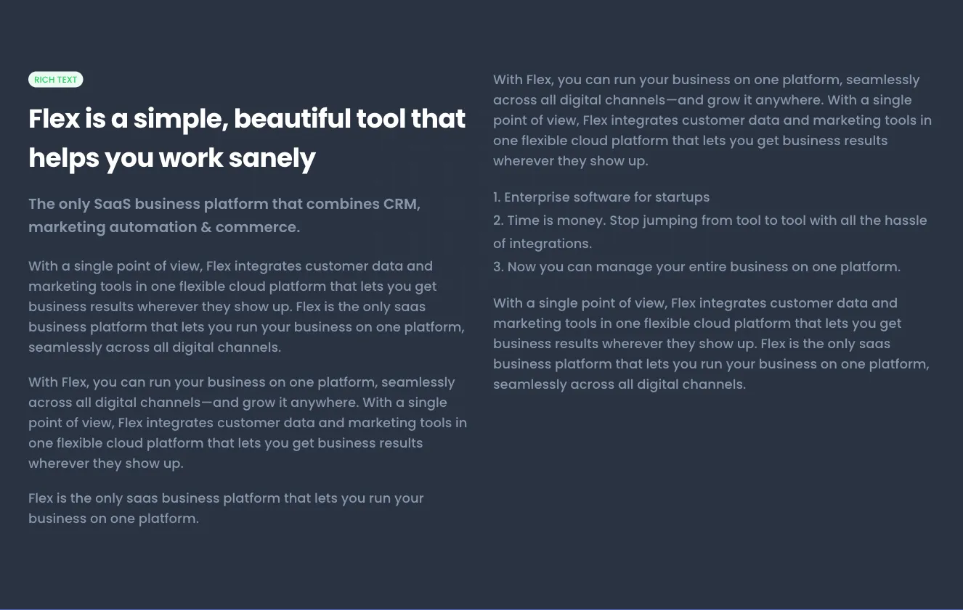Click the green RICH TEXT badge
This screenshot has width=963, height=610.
[x=55, y=79]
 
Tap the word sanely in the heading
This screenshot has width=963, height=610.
[x=272, y=159]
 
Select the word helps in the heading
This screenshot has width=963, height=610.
[x=64, y=159]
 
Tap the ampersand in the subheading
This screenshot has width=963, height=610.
[x=206, y=226]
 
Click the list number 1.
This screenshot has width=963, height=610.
[x=497, y=197]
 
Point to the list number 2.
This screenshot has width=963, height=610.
[x=498, y=220]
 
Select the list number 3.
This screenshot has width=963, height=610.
[x=498, y=267]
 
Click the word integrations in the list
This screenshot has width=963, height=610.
[x=550, y=244]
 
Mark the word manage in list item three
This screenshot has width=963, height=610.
[x=623, y=267]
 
